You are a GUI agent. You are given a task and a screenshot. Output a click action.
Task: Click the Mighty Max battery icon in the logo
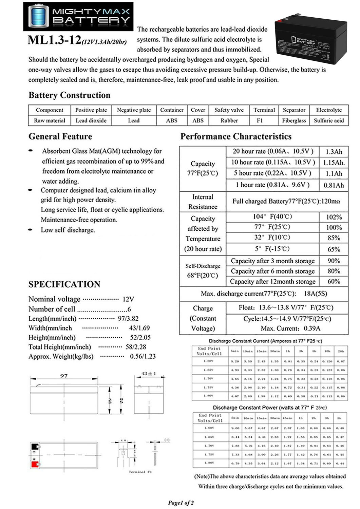[x=38, y=16]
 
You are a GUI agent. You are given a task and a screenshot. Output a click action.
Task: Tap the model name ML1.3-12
[x=54, y=40]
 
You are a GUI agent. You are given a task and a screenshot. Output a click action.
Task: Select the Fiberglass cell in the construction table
[x=294, y=120]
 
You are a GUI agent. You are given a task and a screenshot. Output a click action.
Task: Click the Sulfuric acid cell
[x=329, y=120]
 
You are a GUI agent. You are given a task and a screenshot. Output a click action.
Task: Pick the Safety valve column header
[x=229, y=110]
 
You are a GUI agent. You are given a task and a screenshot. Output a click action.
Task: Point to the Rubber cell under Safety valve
[x=229, y=120]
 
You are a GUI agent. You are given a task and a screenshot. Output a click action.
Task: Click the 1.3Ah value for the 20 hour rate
[x=334, y=152]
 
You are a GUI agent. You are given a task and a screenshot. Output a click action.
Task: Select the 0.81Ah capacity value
[x=334, y=185]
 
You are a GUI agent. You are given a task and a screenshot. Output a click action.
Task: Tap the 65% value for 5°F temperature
[x=334, y=249]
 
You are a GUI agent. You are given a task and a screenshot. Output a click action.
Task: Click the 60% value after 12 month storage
[x=334, y=281]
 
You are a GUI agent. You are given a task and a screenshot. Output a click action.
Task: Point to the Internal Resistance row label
[x=203, y=202]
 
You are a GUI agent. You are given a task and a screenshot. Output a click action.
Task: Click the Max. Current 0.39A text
[x=290, y=328]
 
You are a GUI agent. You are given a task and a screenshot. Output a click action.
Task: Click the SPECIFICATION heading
[x=64, y=284]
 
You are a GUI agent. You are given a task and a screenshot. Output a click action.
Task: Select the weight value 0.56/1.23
[x=143, y=356]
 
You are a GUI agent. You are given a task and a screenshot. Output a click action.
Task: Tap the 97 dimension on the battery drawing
[x=64, y=376]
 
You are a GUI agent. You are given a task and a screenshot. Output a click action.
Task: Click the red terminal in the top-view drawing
[x=35, y=464]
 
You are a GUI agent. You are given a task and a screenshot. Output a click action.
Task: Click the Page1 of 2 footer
[x=181, y=503]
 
